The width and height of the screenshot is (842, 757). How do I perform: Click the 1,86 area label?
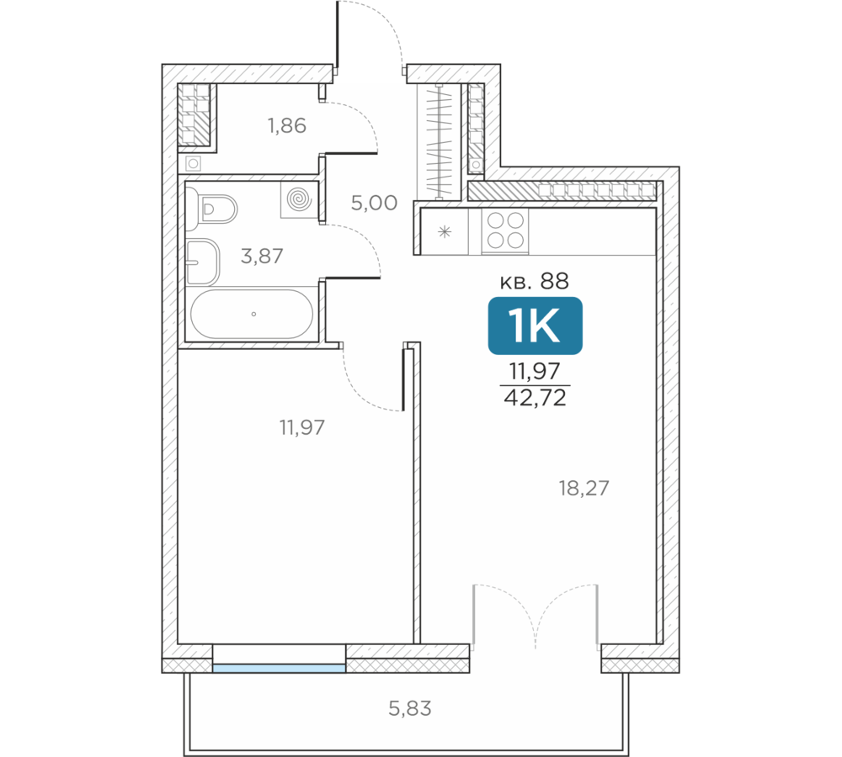click(287, 125)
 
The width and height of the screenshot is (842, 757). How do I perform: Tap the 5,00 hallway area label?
click(375, 203)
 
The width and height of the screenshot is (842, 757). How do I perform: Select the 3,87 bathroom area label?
click(262, 257)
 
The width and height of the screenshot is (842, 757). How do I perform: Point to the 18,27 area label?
click(584, 488)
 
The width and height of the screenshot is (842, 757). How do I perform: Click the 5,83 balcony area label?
click(410, 709)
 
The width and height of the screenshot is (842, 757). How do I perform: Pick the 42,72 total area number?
click(535, 398)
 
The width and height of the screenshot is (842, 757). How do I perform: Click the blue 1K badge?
click(535, 326)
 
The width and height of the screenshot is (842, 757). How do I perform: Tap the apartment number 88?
click(554, 281)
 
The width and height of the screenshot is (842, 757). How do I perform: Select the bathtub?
click(252, 315)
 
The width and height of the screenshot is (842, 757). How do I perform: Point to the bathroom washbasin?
click(203, 262)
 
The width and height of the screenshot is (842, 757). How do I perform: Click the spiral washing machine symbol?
click(299, 199)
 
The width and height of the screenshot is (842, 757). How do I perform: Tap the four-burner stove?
click(505, 230)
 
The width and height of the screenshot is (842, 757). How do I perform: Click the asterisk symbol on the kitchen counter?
click(445, 232)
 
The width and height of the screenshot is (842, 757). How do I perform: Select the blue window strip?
click(280, 668)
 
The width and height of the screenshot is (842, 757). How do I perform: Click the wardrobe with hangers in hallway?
click(440, 142)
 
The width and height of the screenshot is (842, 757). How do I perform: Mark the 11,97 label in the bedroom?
click(301, 427)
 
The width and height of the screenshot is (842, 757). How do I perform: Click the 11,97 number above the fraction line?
click(535, 371)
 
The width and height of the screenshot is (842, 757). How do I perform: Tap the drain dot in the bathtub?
click(253, 315)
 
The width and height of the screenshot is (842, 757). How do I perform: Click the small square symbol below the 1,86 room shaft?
click(194, 163)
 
